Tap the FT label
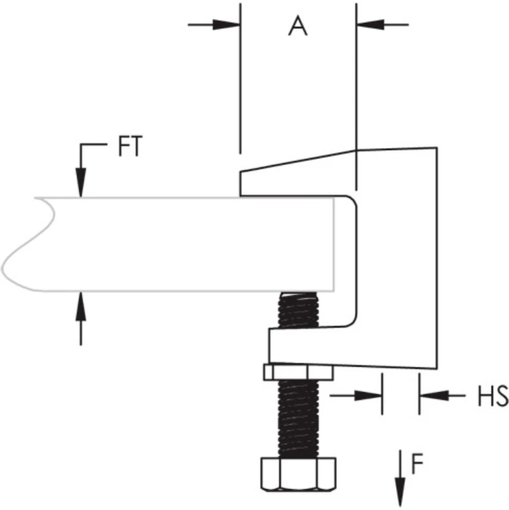[x=130, y=147]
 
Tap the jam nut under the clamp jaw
[x=298, y=372]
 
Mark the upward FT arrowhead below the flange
[x=80, y=303]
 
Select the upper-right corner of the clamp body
[x=435, y=149]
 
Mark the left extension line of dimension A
[x=241, y=79]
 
